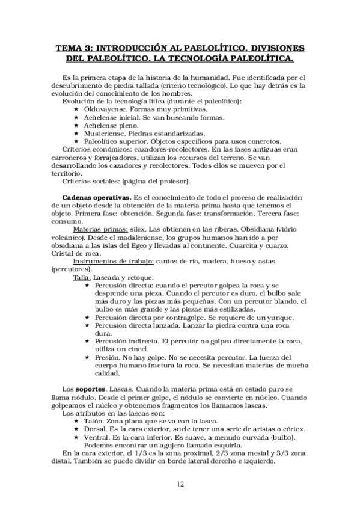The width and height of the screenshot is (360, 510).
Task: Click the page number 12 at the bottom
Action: pyautogui.click(x=180, y=485)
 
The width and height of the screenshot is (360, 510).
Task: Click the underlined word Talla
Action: pyautogui.click(x=81, y=277)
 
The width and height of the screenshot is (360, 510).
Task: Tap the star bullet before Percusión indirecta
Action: pyautogui.click(x=87, y=341)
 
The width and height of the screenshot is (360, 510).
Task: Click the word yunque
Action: pyautogui.click(x=279, y=317)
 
